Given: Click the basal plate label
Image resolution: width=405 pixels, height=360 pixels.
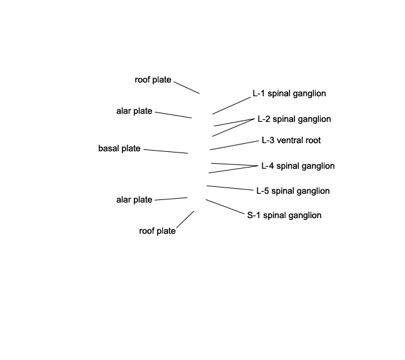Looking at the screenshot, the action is pyautogui.click(x=119, y=149).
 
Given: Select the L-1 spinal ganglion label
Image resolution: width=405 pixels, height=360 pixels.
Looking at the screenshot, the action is pyautogui.click(x=289, y=94).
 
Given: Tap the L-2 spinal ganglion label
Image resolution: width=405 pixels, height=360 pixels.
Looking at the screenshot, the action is pyautogui.click(x=294, y=119).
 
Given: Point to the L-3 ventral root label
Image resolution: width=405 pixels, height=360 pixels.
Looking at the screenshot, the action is pyautogui.click(x=291, y=140).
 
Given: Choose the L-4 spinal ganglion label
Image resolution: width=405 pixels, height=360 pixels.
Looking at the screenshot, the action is pyautogui.click(x=297, y=166).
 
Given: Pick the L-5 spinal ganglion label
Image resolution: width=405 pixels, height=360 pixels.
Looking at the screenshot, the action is pyautogui.click(x=293, y=191).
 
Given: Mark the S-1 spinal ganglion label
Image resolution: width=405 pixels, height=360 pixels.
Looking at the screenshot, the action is pyautogui.click(x=284, y=215).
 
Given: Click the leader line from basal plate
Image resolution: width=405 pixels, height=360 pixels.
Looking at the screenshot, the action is pyautogui.click(x=166, y=151).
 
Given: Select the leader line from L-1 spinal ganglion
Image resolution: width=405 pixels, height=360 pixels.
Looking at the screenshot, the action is pyautogui.click(x=231, y=106).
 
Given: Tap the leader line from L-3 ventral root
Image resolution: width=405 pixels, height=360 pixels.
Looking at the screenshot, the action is pyautogui.click(x=234, y=145).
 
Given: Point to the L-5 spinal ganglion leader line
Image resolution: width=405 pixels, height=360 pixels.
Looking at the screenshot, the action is pyautogui.click(x=230, y=188).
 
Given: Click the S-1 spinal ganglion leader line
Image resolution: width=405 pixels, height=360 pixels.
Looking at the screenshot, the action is pyautogui.click(x=225, y=207).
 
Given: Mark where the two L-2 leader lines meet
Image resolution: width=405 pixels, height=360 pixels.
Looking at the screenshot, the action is pyautogui.click(x=254, y=119).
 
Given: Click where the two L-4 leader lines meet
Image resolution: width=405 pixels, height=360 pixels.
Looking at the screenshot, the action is pyautogui.click(x=258, y=166).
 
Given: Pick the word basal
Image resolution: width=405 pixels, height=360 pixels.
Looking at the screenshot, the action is pyautogui.click(x=109, y=149).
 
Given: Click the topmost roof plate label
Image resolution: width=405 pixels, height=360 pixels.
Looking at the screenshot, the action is pyautogui.click(x=153, y=80).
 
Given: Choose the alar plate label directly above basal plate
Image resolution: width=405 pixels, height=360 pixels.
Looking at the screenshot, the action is pyautogui.click(x=134, y=111).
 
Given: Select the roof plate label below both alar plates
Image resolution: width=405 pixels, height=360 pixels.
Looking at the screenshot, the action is pyautogui.click(x=157, y=231).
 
